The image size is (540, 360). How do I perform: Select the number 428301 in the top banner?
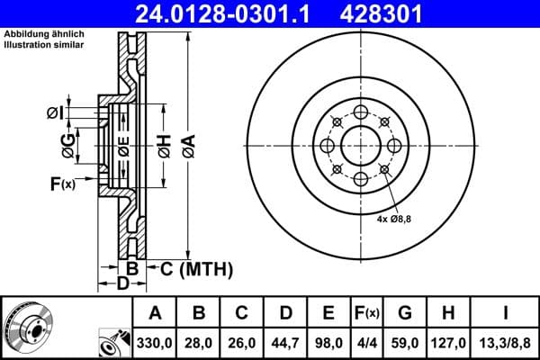coord(391,13)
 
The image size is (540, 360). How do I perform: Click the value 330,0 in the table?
coord(155,342)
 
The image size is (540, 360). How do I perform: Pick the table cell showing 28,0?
coord(199,342)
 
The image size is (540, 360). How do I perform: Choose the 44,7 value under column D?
coord(285,342)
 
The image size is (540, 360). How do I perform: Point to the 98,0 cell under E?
coord(328,342)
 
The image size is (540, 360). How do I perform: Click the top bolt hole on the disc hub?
coord(361,112)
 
